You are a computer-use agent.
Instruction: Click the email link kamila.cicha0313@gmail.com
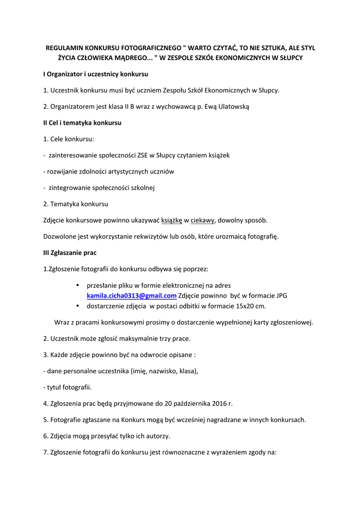132,296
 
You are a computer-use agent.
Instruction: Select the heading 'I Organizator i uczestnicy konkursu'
95,74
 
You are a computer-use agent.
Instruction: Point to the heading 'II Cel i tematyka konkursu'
82,122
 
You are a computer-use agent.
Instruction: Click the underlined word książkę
172,220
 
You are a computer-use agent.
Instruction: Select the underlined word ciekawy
202,220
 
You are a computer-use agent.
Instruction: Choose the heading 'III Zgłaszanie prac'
70,253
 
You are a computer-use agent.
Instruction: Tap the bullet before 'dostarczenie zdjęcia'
78,306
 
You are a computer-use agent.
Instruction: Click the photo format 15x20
243,306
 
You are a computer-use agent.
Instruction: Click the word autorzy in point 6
156,436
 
